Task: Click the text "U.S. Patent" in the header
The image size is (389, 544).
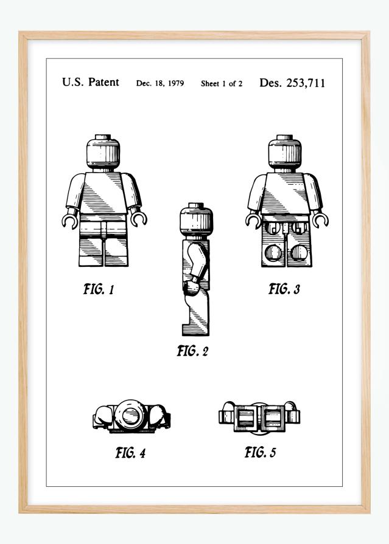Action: (91, 83)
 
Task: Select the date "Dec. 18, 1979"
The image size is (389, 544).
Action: (160, 83)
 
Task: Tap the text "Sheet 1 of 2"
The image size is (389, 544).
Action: (222, 83)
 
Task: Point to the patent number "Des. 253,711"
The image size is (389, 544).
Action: (292, 83)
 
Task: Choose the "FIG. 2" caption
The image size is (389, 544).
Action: (192, 351)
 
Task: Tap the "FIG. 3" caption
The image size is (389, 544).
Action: (284, 289)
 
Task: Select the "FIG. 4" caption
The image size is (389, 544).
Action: (130, 452)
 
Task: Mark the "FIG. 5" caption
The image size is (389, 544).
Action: (260, 452)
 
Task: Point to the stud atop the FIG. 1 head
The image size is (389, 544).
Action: (103, 138)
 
